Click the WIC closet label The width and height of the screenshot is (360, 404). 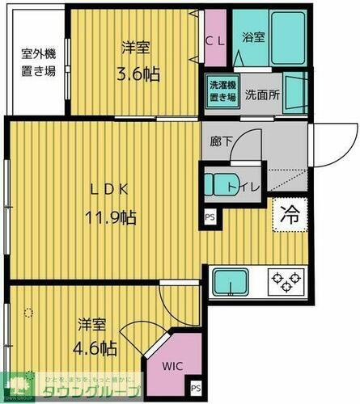(x=172, y=366)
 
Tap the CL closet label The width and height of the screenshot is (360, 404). (x=214, y=39)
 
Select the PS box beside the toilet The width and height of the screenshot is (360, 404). (x=210, y=217)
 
